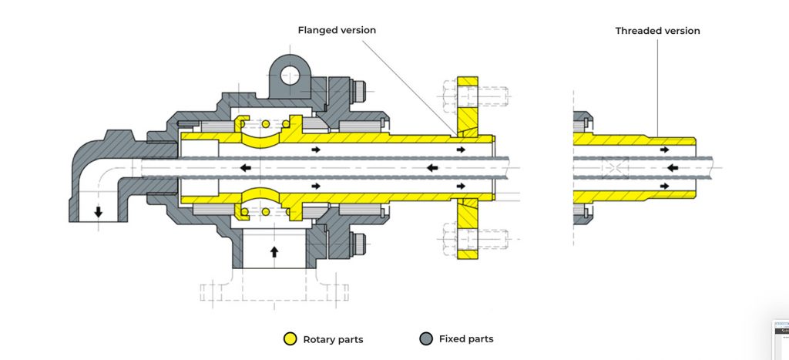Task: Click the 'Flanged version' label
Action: click(x=337, y=30)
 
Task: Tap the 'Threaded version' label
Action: click(x=657, y=31)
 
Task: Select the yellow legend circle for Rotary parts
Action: click(x=290, y=338)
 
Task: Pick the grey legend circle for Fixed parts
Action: click(x=425, y=338)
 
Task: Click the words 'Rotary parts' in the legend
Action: click(x=332, y=339)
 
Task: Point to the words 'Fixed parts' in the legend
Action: click(x=466, y=338)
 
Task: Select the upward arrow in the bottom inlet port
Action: click(x=274, y=251)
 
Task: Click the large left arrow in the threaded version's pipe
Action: click(x=672, y=167)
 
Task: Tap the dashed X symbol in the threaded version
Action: click(x=615, y=167)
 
